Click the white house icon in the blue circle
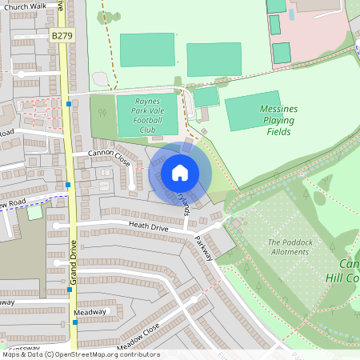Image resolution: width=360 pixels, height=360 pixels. point(180,172)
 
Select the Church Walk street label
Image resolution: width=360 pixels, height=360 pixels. point(26,6)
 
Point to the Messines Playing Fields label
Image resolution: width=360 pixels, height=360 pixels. point(278,119)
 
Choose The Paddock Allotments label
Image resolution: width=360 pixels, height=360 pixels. point(288,246)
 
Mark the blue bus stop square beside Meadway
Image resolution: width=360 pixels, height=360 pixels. point(75,322)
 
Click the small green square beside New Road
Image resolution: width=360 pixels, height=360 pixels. point(34,212)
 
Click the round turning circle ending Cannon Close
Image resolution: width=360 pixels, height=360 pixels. point(133,186)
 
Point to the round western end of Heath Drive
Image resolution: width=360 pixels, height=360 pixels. point(57,226)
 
